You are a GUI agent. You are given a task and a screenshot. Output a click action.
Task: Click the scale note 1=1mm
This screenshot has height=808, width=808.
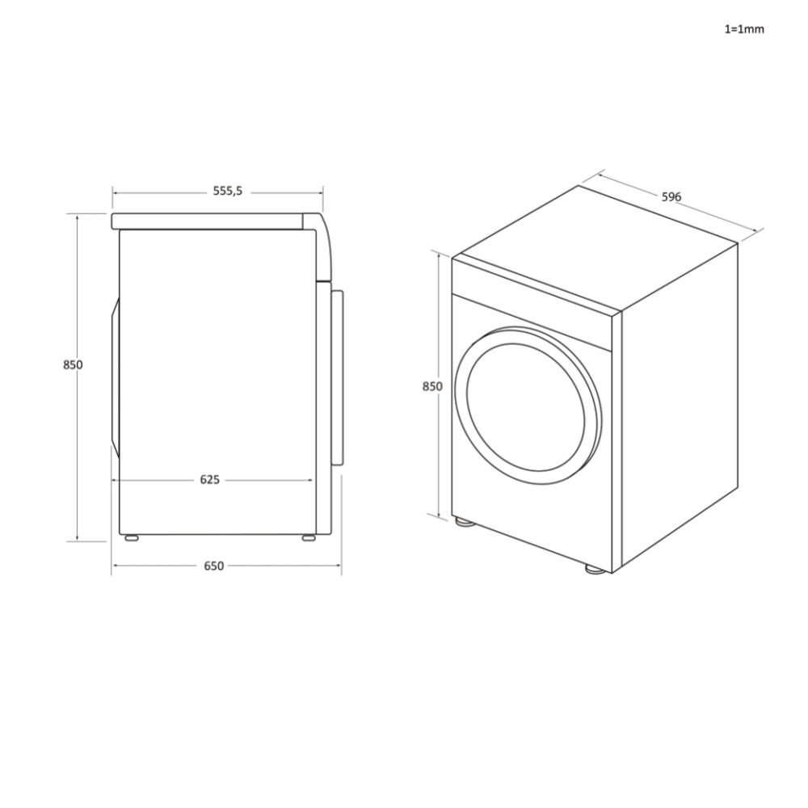[x=743, y=29]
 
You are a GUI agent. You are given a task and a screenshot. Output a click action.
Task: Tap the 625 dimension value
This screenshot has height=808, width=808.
[x=209, y=479]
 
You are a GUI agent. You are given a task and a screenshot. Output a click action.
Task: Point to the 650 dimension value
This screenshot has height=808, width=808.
[x=213, y=566]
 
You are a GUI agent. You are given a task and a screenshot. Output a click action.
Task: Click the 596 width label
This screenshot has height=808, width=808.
[x=671, y=197]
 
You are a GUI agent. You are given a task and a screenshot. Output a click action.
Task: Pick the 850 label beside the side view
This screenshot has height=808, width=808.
[x=73, y=364]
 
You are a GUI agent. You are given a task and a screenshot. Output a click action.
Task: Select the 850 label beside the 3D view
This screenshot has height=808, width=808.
[x=433, y=386]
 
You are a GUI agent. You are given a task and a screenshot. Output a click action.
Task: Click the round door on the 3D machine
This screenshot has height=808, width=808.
[x=528, y=406]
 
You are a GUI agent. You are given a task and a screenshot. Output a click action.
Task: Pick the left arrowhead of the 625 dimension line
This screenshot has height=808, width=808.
[x=115, y=479]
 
